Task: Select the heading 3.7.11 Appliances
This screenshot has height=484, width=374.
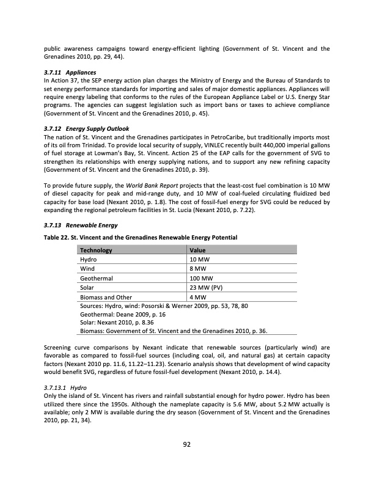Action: tap(64, 72)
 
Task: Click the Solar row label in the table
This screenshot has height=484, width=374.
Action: tap(89, 287)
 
